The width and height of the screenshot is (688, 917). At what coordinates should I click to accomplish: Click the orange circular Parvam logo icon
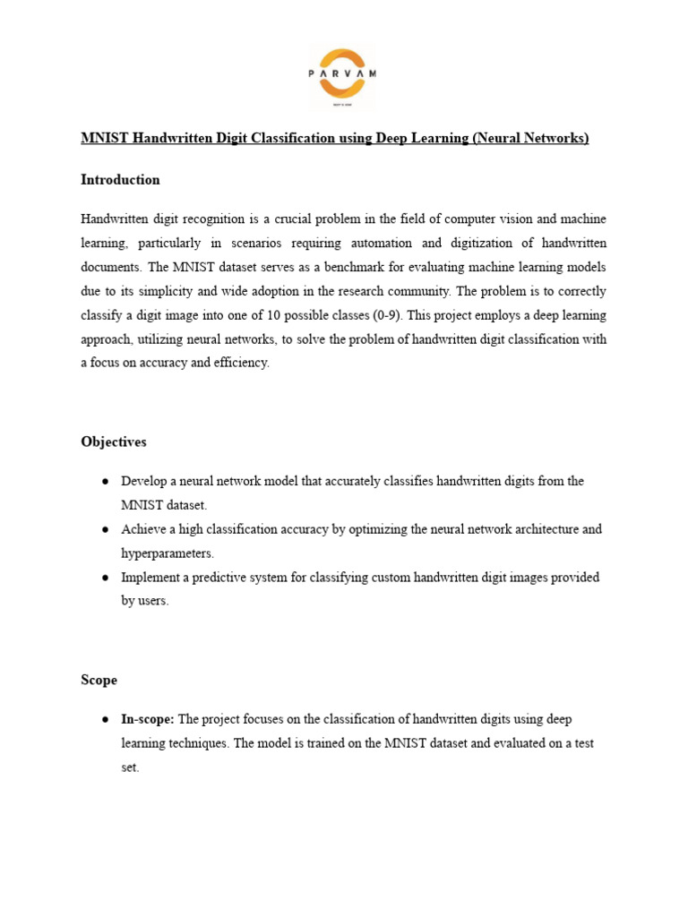point(342,77)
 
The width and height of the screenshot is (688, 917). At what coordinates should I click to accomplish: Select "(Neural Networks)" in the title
point(530,138)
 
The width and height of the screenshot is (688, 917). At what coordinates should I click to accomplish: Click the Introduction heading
point(120,180)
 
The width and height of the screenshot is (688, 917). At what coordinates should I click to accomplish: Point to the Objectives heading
point(114,442)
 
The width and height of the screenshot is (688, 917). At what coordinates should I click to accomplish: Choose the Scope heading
point(99,681)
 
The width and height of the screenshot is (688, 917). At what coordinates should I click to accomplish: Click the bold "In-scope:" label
point(149,720)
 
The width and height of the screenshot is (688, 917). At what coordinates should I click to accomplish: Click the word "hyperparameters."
point(168,553)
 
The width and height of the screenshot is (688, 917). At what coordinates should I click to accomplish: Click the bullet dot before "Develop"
point(106,482)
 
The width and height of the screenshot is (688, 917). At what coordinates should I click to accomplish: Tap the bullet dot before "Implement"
point(106,578)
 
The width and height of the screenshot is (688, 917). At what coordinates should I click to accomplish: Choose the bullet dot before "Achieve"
point(106,529)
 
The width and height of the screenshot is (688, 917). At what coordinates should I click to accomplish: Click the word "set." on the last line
point(131,768)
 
